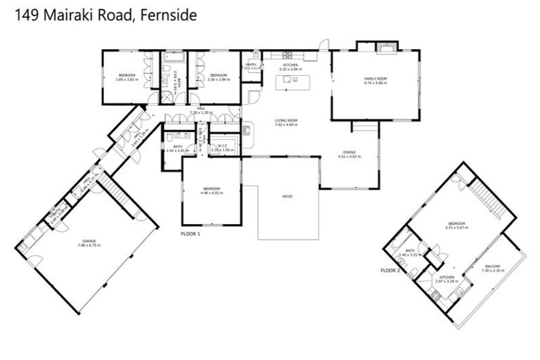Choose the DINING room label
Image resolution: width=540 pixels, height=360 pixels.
(349, 155)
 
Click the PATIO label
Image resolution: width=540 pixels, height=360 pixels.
(287, 196)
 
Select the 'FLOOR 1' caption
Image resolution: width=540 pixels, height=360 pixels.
(191, 233)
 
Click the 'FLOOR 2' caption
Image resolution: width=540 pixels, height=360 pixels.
(391, 270)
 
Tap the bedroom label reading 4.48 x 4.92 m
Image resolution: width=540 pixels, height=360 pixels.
(212, 190)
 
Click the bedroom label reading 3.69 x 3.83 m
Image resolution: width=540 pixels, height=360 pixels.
(127, 77)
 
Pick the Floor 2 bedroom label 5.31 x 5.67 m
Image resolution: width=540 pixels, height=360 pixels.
(457, 226)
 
